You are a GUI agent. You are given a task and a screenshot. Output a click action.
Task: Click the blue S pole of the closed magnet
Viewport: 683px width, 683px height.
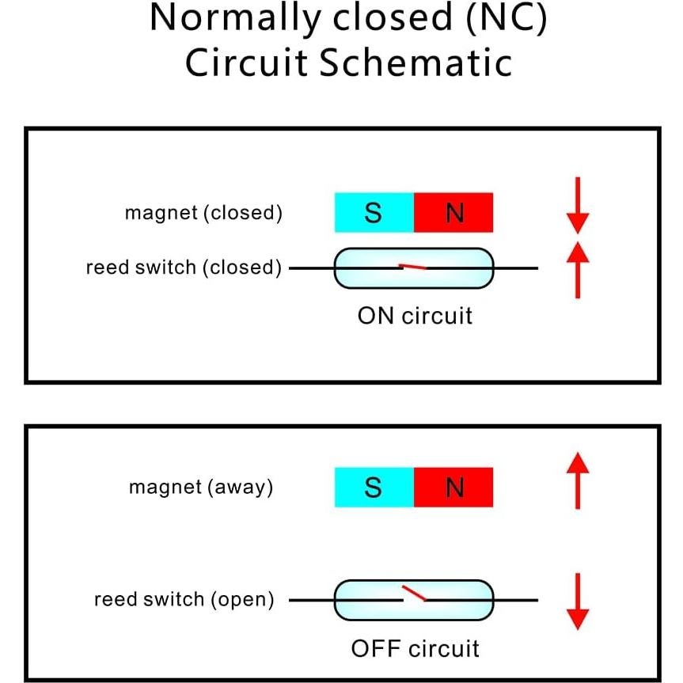374,213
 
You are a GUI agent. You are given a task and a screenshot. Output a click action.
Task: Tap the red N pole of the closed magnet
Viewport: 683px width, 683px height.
453,213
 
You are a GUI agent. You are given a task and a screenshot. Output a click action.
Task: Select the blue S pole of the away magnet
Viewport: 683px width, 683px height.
374,488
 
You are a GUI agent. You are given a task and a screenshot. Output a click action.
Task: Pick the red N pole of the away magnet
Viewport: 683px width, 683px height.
453,488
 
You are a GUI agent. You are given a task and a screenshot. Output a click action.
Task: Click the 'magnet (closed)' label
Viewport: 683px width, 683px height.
203,214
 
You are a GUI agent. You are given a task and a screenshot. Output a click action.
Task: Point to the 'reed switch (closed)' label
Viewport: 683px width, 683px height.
184,268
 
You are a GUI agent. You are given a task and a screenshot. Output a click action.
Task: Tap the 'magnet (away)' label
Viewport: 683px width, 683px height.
201,488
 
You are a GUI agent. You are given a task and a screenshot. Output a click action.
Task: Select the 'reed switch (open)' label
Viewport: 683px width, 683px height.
184,600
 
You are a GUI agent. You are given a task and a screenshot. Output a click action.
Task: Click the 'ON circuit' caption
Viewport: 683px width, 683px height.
415,316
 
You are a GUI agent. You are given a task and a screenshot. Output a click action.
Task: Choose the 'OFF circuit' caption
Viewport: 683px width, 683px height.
415,649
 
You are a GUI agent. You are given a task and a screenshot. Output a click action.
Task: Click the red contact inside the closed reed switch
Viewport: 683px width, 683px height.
412,268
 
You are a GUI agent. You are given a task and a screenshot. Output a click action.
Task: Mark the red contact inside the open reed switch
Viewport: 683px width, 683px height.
413,593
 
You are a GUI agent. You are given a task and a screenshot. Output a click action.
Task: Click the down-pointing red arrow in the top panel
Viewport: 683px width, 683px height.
579,205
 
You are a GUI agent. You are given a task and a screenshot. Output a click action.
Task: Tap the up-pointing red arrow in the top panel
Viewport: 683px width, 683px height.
579,270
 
